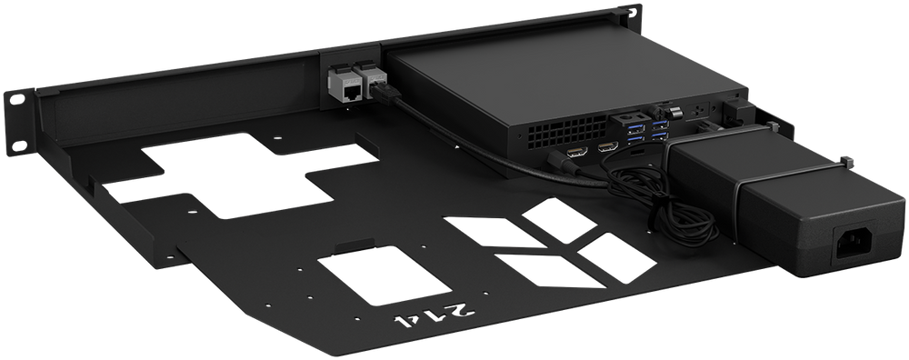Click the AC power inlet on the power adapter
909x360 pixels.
855,246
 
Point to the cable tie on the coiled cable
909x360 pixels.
652,213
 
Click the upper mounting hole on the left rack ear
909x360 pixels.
17,99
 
